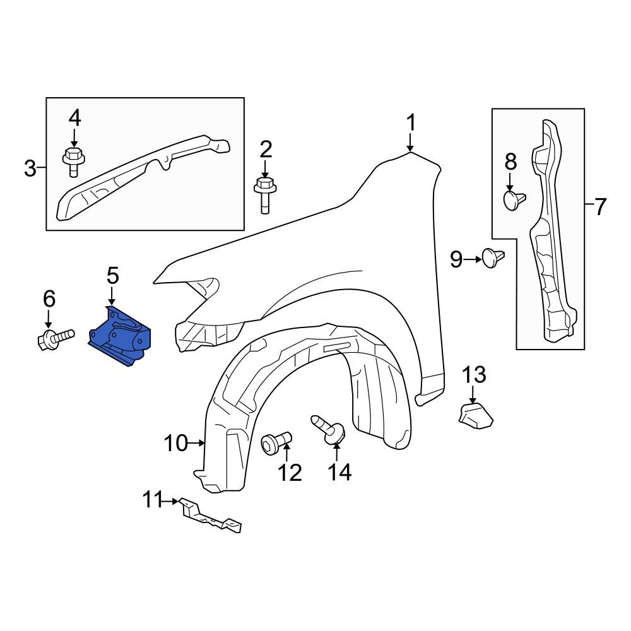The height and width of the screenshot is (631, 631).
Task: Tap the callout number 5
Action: (x=112, y=276)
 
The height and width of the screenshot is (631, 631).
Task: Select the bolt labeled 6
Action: (x=54, y=339)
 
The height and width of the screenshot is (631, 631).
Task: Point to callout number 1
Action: (x=411, y=122)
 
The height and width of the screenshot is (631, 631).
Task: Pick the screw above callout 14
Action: (x=328, y=429)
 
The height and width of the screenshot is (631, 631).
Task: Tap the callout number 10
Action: (x=177, y=444)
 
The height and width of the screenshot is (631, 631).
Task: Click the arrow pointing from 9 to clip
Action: (x=473, y=258)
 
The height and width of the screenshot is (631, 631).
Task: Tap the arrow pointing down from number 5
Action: (x=112, y=295)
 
